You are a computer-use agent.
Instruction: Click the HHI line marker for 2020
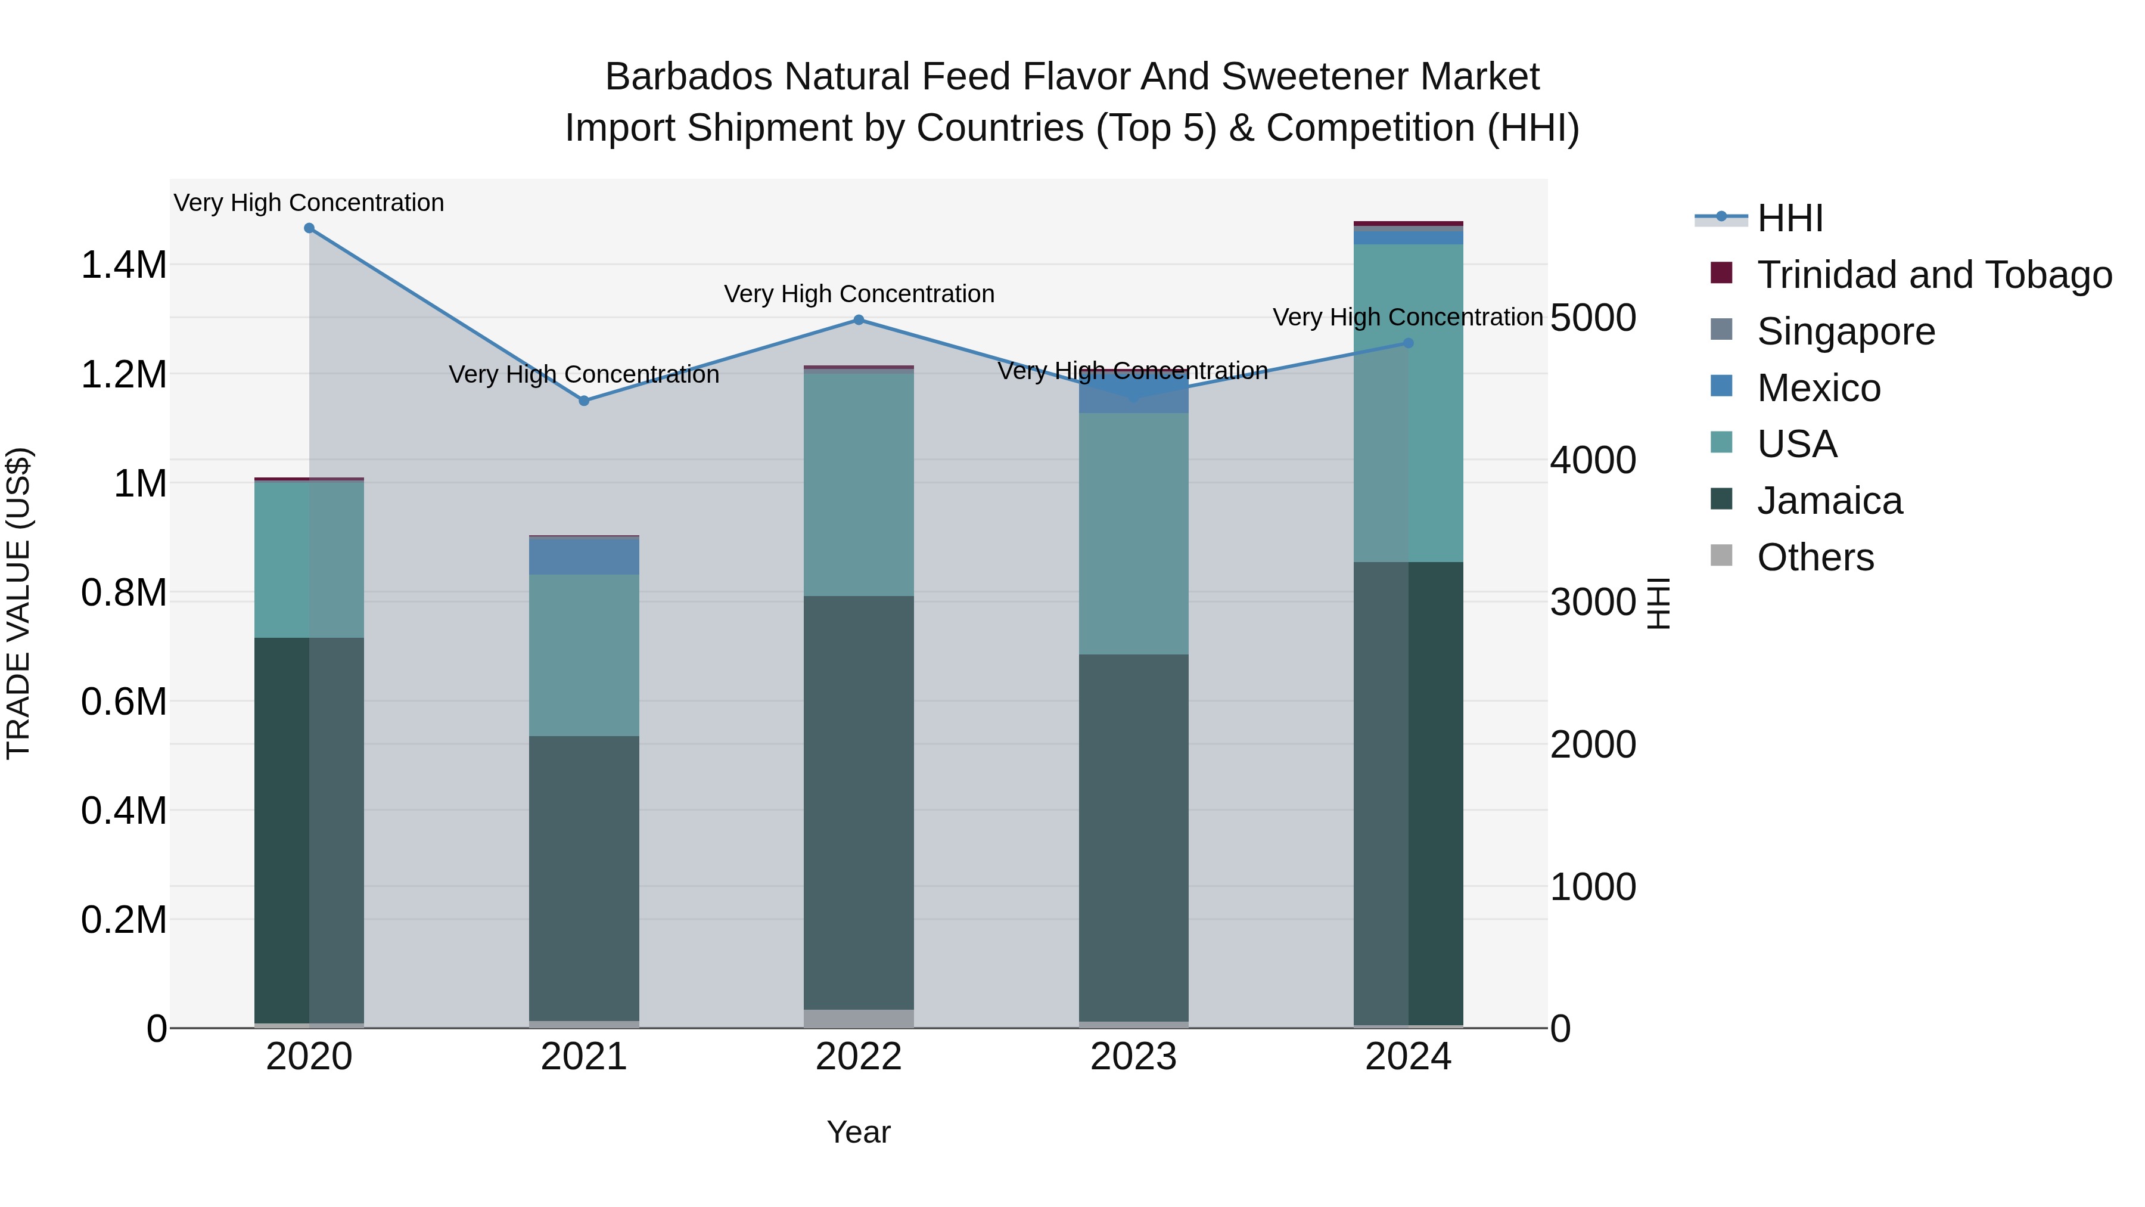click(309, 228)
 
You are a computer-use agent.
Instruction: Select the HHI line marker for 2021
click(584, 401)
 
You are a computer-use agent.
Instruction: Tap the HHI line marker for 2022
click(859, 320)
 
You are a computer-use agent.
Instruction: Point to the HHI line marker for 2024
click(1408, 343)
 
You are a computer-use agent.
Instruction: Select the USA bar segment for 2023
click(1133, 533)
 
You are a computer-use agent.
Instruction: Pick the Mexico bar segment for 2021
click(584, 557)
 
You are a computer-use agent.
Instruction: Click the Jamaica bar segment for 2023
click(1133, 837)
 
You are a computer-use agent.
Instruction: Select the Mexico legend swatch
click(1721, 386)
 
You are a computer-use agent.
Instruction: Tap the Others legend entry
click(1816, 557)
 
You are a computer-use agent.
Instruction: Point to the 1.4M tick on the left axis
click(123, 266)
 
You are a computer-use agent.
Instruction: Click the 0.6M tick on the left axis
click(123, 702)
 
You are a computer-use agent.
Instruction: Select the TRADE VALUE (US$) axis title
click(18, 603)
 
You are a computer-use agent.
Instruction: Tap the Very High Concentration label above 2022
click(859, 294)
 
